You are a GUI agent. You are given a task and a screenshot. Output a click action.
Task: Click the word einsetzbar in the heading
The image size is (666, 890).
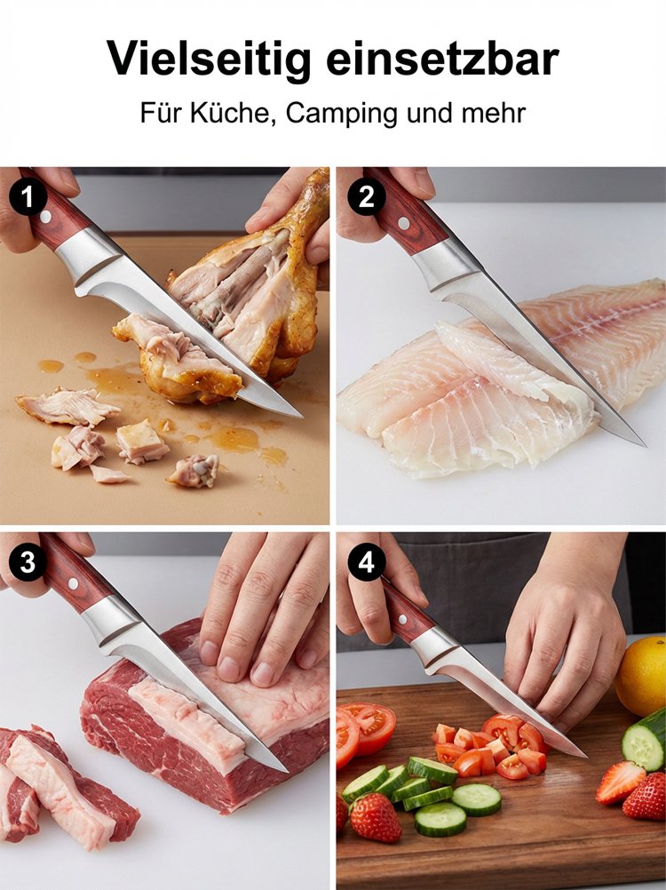[443, 59]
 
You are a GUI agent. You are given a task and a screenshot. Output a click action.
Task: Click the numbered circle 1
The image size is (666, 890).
[28, 197]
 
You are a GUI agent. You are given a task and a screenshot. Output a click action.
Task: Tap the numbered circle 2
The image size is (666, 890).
[366, 197]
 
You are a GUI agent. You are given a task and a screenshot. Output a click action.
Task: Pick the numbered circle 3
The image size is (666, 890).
[28, 562]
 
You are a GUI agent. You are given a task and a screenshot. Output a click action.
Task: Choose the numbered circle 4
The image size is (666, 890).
[366, 562]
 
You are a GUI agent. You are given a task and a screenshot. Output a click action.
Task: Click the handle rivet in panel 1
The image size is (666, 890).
[46, 218]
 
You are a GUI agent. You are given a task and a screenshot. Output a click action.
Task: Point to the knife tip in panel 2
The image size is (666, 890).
[645, 446]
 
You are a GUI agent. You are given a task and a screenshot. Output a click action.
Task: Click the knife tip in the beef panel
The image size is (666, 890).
[287, 771]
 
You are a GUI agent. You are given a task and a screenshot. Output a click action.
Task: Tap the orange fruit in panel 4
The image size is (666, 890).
[642, 676]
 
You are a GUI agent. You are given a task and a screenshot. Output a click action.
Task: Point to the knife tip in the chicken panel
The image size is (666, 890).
[301, 417]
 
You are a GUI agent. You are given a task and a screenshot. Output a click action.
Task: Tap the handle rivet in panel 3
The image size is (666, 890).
[73, 583]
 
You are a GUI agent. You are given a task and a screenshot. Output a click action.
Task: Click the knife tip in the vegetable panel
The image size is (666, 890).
[586, 757]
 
